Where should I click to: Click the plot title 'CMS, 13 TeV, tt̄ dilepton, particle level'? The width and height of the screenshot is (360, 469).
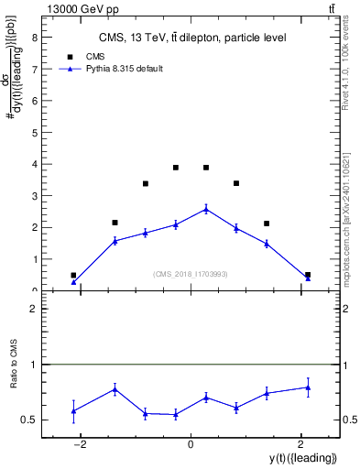point(192,38)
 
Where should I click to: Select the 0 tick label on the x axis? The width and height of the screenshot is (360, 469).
point(191,445)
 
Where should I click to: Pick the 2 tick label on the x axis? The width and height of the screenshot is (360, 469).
point(300,445)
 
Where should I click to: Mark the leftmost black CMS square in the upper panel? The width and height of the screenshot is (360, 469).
point(73,275)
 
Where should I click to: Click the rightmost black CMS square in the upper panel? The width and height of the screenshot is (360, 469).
point(308,275)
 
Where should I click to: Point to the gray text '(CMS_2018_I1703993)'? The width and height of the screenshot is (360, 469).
point(191,274)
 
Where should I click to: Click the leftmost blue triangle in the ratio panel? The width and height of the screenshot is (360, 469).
point(73,410)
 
